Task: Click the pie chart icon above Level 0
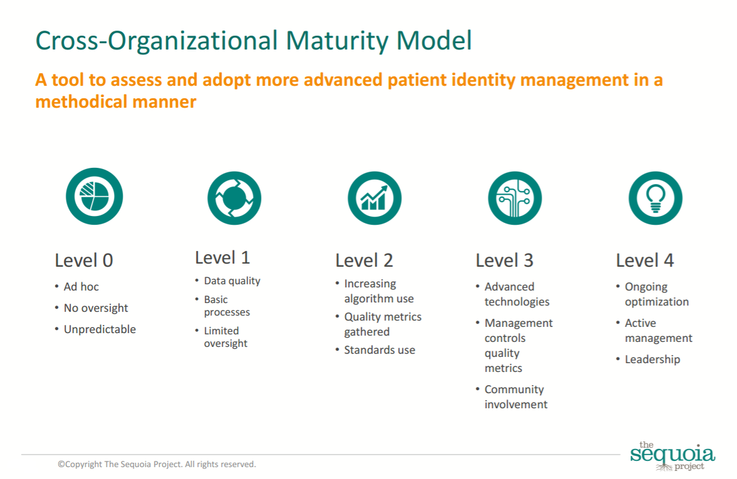click(95, 196)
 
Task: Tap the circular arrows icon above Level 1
click(234, 198)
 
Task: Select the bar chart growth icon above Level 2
click(374, 198)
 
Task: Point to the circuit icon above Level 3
click(515, 198)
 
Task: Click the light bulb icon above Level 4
click(655, 198)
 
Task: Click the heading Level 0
click(84, 260)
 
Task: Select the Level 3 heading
click(504, 260)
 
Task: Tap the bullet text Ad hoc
click(81, 287)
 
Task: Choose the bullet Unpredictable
click(100, 329)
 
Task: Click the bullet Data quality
click(232, 281)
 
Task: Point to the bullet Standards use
click(380, 350)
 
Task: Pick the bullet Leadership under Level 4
click(652, 359)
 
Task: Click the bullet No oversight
click(96, 308)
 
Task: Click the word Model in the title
click(434, 41)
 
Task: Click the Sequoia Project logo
click(672, 456)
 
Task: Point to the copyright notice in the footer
click(157, 465)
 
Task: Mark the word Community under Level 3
click(514, 389)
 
